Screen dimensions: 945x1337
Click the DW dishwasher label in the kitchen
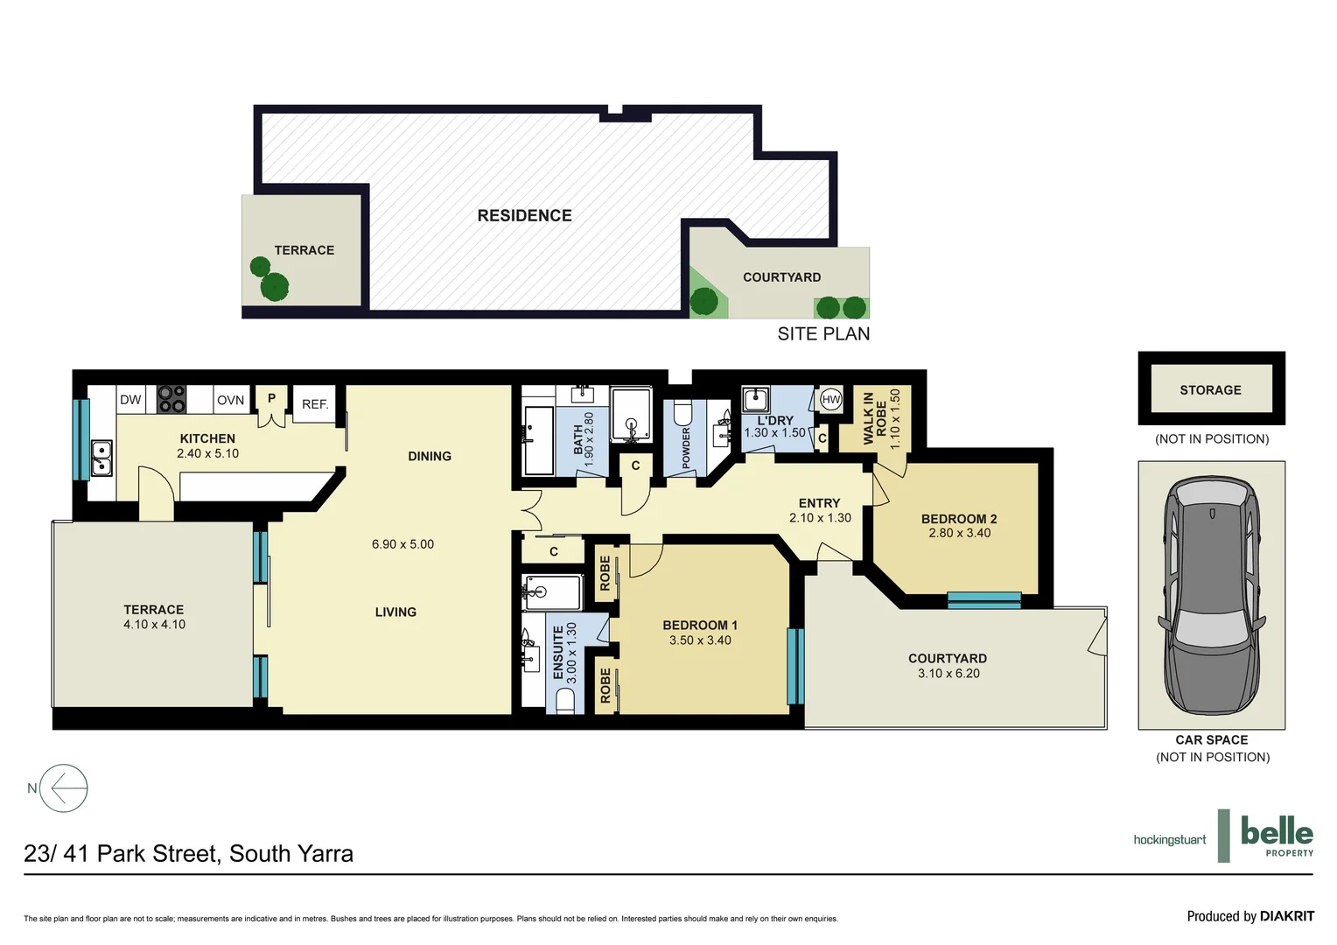[x=130, y=400]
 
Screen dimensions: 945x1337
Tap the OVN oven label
[x=231, y=400]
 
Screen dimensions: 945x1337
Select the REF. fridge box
[x=315, y=404]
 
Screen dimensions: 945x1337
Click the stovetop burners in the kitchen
[x=171, y=399]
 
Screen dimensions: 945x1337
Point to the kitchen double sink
[x=101, y=458]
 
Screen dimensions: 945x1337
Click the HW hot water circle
[x=830, y=400]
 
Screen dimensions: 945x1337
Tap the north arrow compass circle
[x=65, y=788]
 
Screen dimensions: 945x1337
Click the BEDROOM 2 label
[x=959, y=519]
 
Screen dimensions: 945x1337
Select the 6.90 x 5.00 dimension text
[x=402, y=544]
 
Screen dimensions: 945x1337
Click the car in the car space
[x=1212, y=595]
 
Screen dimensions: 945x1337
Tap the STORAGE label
[x=1210, y=390]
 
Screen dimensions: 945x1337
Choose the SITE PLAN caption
[x=823, y=334]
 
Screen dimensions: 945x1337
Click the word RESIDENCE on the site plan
[x=524, y=216]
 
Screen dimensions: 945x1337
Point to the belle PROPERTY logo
[x=1277, y=836]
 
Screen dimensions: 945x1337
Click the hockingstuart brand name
[x=1169, y=840]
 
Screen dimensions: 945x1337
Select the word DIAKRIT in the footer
[x=1287, y=916]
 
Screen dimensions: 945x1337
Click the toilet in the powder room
[x=682, y=412]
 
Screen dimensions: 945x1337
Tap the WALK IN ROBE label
[x=875, y=418]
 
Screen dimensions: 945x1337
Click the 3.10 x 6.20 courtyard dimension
[x=948, y=674]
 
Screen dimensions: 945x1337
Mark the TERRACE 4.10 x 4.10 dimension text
[x=154, y=625]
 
